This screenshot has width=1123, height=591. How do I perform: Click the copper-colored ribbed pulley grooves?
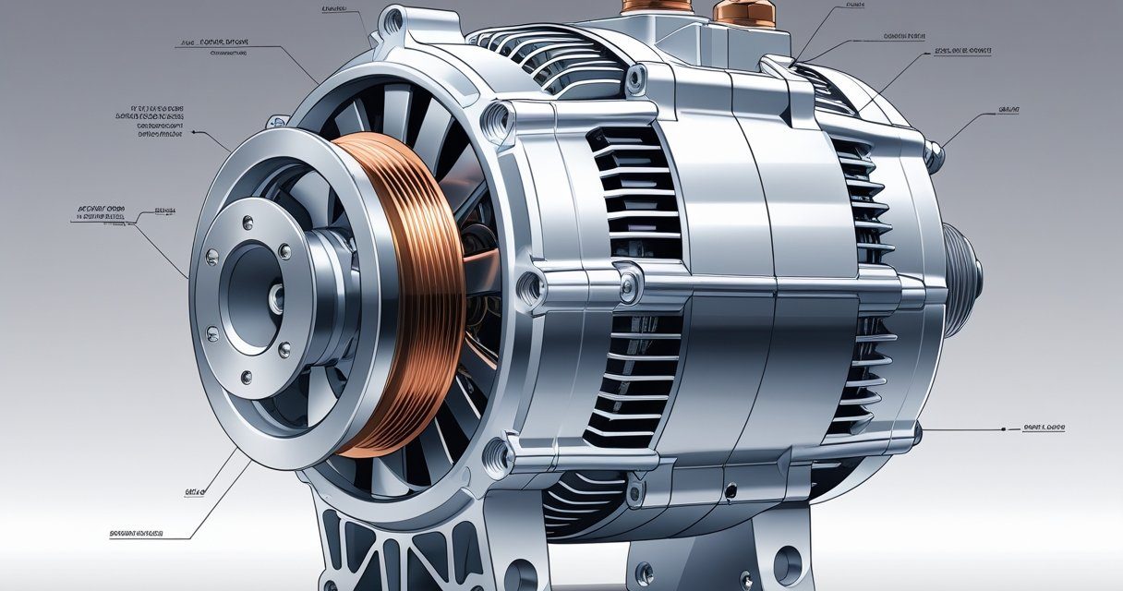click(x=406, y=295)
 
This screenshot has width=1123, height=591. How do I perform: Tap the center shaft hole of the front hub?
click(x=276, y=296)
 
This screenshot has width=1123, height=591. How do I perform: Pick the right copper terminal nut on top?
click(x=739, y=11)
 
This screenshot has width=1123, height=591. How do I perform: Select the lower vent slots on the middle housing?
click(x=637, y=379)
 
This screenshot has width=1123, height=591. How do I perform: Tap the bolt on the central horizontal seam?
click(x=627, y=288)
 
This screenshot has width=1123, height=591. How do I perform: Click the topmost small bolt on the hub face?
click(x=247, y=222)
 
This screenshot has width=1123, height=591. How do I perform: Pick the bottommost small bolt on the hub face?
click(x=247, y=377)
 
